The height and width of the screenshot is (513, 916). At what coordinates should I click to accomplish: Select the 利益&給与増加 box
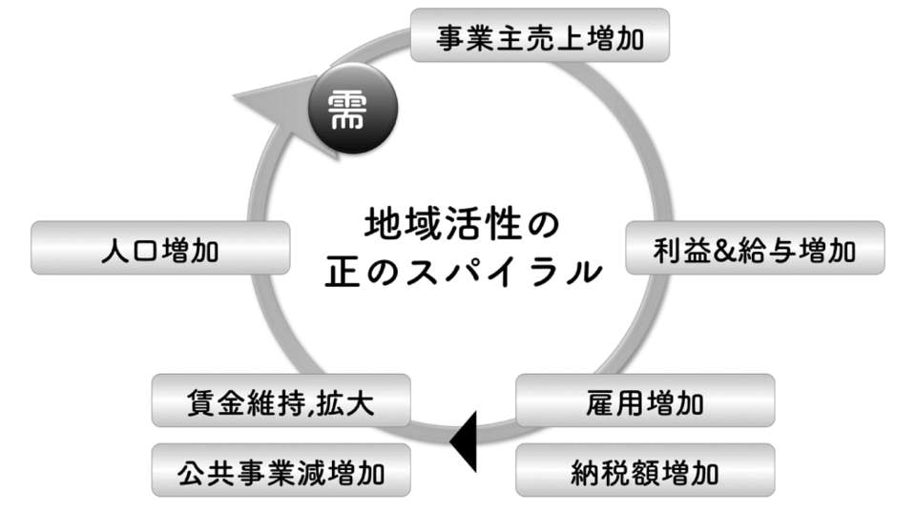pyautogui.click(x=755, y=250)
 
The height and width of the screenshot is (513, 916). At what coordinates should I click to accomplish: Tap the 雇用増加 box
pyautogui.click(x=645, y=401)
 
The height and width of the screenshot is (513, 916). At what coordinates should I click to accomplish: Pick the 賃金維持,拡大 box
pyautogui.click(x=281, y=401)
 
